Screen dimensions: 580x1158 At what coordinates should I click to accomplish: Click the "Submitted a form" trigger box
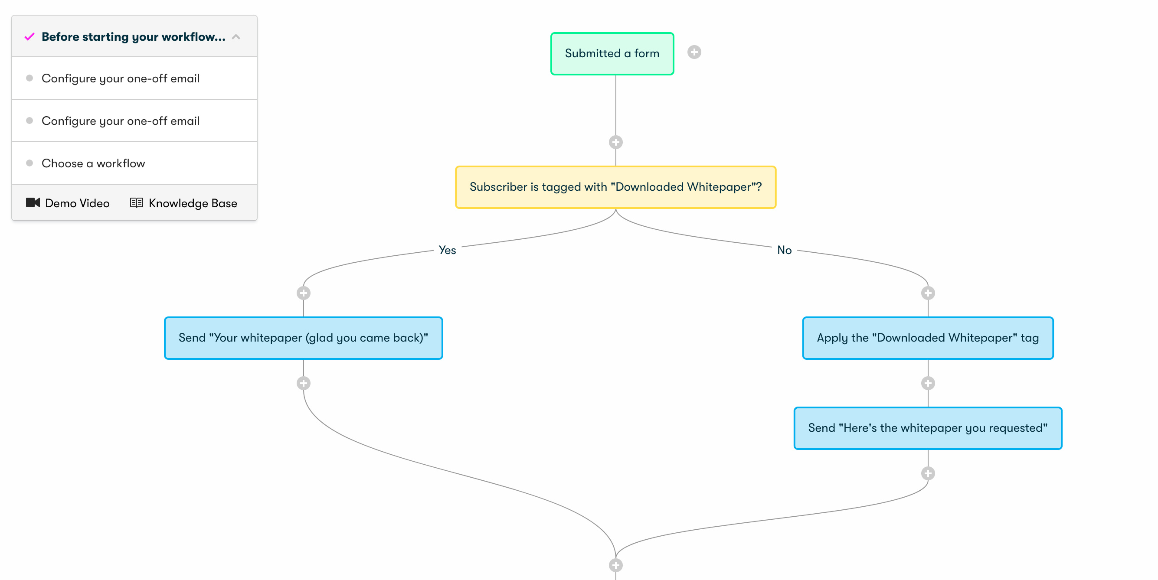click(612, 53)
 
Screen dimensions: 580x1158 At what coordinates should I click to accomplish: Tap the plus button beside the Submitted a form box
click(694, 52)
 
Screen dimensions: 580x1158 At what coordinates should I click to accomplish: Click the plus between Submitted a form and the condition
click(615, 143)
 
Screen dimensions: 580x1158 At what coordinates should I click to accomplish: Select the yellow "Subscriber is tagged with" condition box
click(615, 187)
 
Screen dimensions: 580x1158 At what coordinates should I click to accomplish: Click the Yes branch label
click(447, 250)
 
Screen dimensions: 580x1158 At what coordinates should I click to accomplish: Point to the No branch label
click(784, 250)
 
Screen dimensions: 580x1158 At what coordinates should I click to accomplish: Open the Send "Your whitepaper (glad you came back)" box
click(304, 338)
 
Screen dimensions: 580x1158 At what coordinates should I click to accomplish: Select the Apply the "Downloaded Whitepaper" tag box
click(928, 338)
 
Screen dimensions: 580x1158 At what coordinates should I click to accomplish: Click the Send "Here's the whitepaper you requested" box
click(928, 428)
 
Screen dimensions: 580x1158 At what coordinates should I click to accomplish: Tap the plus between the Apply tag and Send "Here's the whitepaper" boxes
click(928, 383)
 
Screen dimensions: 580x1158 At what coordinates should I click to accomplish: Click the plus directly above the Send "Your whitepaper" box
click(304, 293)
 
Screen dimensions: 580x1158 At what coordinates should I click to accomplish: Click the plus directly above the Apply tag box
click(928, 293)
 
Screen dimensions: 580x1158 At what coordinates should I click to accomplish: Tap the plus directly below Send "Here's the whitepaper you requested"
click(928, 473)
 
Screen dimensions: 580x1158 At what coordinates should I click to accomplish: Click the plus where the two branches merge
click(615, 565)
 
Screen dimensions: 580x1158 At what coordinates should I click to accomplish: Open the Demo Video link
click(68, 203)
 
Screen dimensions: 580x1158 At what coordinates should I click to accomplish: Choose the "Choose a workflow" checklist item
click(93, 163)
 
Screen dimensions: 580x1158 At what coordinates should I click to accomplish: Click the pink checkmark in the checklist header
click(29, 37)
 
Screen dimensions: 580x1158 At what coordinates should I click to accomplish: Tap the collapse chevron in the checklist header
click(236, 37)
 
